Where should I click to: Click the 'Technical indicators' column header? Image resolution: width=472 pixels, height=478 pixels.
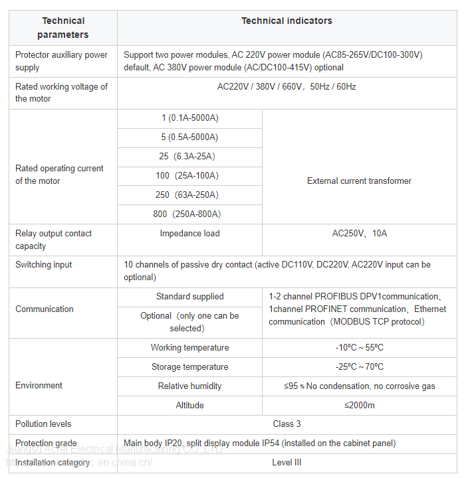click(x=287, y=21)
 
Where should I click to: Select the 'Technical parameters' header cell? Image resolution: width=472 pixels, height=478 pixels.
click(x=63, y=28)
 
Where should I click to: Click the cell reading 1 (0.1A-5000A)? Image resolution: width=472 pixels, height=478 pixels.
click(x=189, y=118)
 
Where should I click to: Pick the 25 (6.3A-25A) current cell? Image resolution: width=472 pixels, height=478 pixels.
click(x=189, y=157)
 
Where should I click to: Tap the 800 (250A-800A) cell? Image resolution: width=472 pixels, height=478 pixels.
click(x=189, y=214)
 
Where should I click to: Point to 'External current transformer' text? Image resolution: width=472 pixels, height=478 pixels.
click(x=359, y=181)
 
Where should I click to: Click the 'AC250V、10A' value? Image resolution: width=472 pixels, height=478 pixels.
click(x=359, y=233)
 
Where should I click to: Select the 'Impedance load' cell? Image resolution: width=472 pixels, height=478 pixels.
click(x=189, y=233)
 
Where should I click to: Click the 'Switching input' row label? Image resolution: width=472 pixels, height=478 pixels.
click(x=44, y=264)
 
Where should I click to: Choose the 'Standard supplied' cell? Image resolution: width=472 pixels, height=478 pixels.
click(x=189, y=296)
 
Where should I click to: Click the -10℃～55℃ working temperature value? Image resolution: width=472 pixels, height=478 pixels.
click(x=359, y=347)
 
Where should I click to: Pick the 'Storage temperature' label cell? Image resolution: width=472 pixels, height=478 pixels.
click(x=189, y=366)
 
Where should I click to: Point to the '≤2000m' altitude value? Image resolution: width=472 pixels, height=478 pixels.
click(x=359, y=405)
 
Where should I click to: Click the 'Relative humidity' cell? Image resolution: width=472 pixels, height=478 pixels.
click(x=189, y=386)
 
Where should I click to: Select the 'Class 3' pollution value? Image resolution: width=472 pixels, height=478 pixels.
click(x=287, y=424)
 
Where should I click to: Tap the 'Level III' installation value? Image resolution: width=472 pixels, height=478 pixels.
click(x=287, y=462)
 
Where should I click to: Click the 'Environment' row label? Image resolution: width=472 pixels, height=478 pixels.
click(x=39, y=385)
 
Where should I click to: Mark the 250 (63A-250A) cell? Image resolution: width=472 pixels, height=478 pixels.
click(x=189, y=195)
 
